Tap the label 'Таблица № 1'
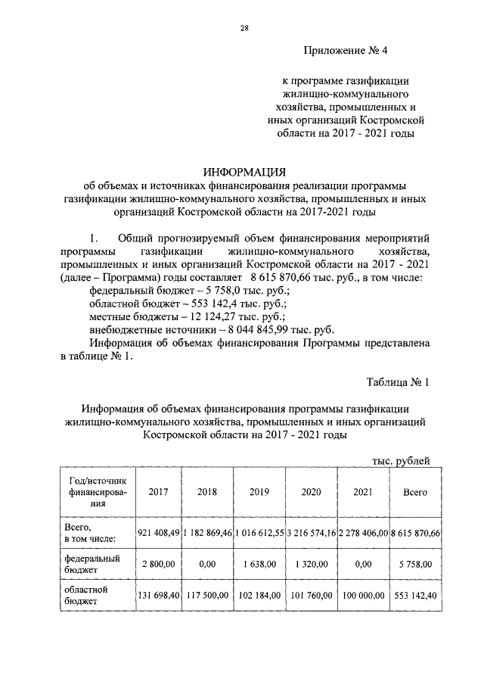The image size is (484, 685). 398,381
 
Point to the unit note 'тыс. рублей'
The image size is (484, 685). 402,459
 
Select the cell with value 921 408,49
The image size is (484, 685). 159,533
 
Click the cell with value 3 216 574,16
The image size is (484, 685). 312,533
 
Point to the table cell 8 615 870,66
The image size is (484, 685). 416,533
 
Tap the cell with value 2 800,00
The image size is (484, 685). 159,564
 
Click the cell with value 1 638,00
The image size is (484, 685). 259,564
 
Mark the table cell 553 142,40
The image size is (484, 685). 416,595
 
